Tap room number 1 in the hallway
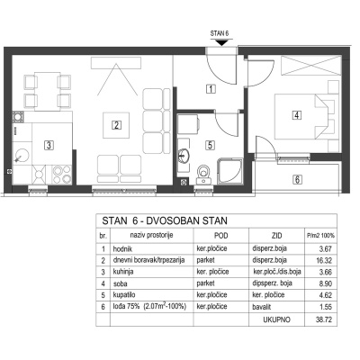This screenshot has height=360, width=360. click(x=210, y=88)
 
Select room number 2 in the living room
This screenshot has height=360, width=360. click(x=116, y=125)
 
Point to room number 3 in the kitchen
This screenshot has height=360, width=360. click(x=49, y=142)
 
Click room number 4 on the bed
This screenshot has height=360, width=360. click(x=296, y=114)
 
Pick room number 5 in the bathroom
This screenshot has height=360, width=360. click(x=209, y=143)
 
